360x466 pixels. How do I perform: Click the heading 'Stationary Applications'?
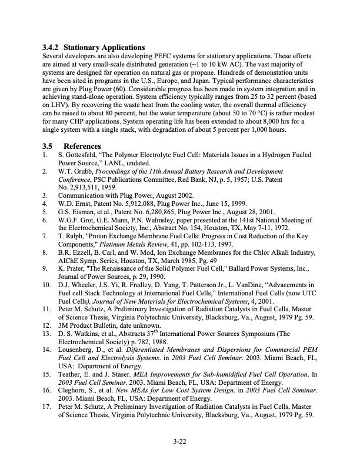coord(104,46)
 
